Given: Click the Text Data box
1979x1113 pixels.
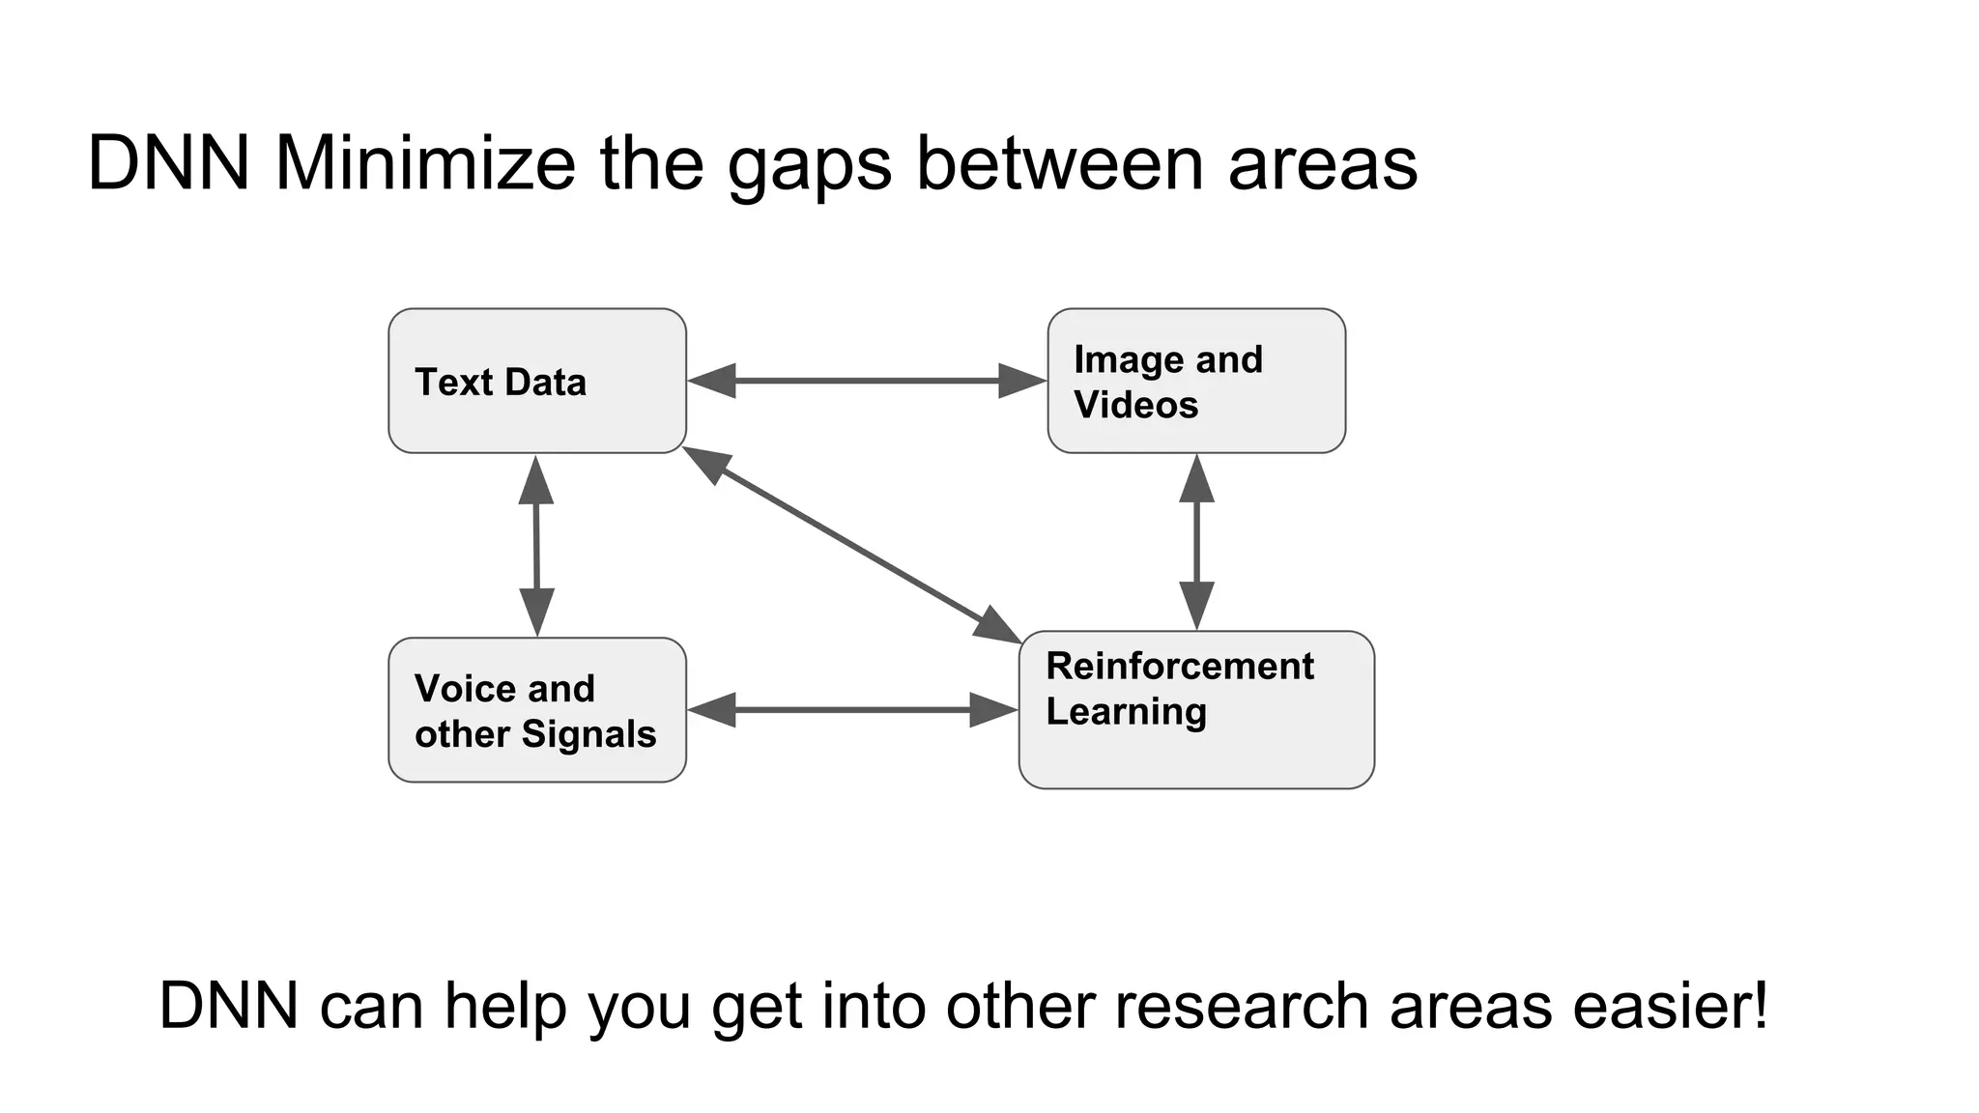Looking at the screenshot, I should [x=537, y=381].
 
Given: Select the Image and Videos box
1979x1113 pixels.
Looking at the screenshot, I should [x=1196, y=381].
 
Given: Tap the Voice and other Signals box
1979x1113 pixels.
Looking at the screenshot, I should [x=537, y=710].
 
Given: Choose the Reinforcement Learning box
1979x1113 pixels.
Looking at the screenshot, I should [x=1196, y=710].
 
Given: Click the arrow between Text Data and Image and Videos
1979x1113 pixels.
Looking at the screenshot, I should [x=867, y=381].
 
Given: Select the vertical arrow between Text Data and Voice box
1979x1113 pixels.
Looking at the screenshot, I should [x=536, y=546].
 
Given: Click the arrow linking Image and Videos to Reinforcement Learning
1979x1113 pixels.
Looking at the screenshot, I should [x=1196, y=542].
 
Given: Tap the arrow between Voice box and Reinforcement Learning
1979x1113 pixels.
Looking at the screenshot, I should [x=852, y=710].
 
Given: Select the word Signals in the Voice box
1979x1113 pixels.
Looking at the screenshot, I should [x=588, y=734].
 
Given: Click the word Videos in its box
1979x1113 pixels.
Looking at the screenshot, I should [x=1136, y=405].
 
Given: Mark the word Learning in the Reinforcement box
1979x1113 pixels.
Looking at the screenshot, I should [x=1126, y=712].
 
